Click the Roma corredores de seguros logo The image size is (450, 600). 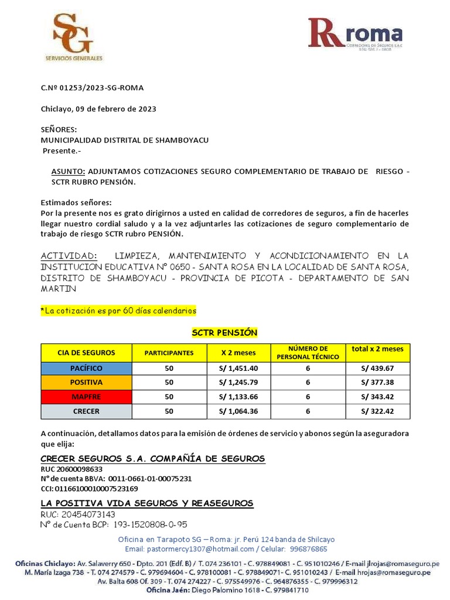tap(356, 34)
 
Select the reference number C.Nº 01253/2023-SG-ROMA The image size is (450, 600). tap(92, 88)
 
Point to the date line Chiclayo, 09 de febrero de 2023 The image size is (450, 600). tap(98, 109)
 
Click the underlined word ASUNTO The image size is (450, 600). tap(69, 171)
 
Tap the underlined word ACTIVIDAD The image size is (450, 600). tap(68, 256)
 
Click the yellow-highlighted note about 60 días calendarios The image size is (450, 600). tap(118, 310)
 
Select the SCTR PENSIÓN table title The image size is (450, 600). tap(225, 333)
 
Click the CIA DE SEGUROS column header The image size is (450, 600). tap(86, 353)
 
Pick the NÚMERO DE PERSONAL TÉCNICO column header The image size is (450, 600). tap(308, 353)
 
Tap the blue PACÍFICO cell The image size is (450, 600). tap(86, 368)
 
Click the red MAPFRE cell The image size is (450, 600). tap(86, 397)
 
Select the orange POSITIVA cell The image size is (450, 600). tap(86, 382)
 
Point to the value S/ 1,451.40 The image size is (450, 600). tap(239, 368)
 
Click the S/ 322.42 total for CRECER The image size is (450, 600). tap(377, 411)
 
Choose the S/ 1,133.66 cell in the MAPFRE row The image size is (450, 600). tap(239, 397)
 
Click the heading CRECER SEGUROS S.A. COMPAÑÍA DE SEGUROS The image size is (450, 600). tap(152, 458)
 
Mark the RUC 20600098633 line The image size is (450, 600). tap(71, 469)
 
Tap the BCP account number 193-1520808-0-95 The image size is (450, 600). tap(150, 524)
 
